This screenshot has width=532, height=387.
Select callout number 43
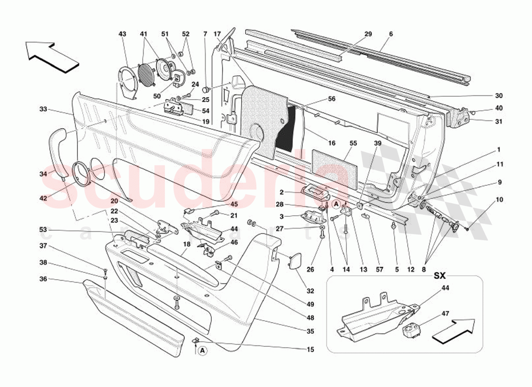(x=122, y=34)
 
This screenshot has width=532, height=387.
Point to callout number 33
(x=44, y=109)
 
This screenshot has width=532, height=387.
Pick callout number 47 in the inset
(x=444, y=314)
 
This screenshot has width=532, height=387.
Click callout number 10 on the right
(x=499, y=200)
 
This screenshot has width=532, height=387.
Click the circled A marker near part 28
(x=337, y=205)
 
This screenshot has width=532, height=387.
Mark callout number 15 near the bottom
(x=310, y=349)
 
